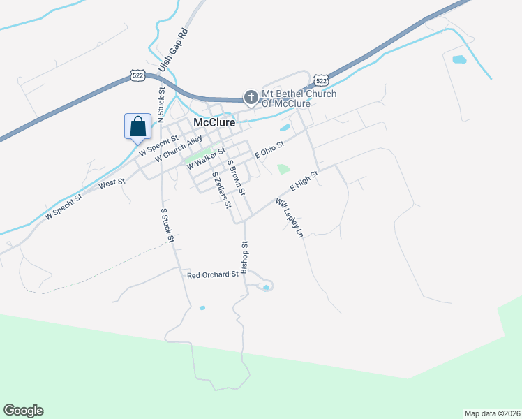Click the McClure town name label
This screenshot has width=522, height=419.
(214, 122)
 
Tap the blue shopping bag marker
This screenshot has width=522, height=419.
(138, 126)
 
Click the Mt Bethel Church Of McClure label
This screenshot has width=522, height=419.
(299, 98)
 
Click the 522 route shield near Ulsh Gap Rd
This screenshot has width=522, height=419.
(137, 74)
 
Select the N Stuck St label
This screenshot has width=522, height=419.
(161, 101)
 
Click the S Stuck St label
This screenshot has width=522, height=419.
(167, 225)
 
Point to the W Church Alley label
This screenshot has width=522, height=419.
(179, 149)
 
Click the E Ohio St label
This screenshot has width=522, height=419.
(269, 149)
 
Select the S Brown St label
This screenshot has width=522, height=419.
(237, 177)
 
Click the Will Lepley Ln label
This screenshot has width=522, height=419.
(290, 219)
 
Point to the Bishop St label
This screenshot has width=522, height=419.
(244, 258)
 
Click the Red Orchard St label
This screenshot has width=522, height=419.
(213, 275)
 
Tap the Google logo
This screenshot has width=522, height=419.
(23, 411)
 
